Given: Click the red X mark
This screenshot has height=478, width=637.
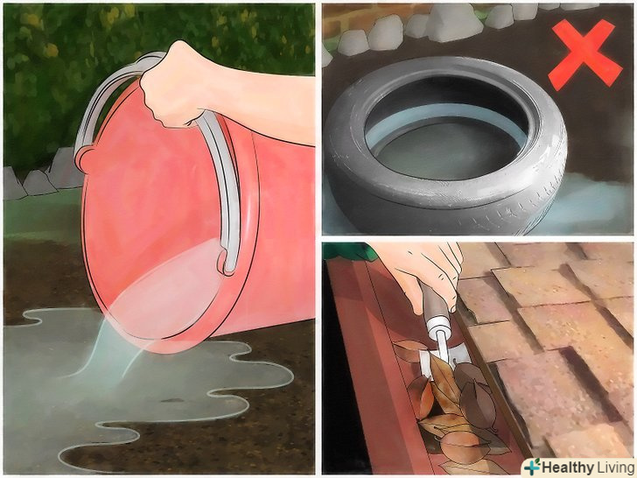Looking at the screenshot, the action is (584, 54).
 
